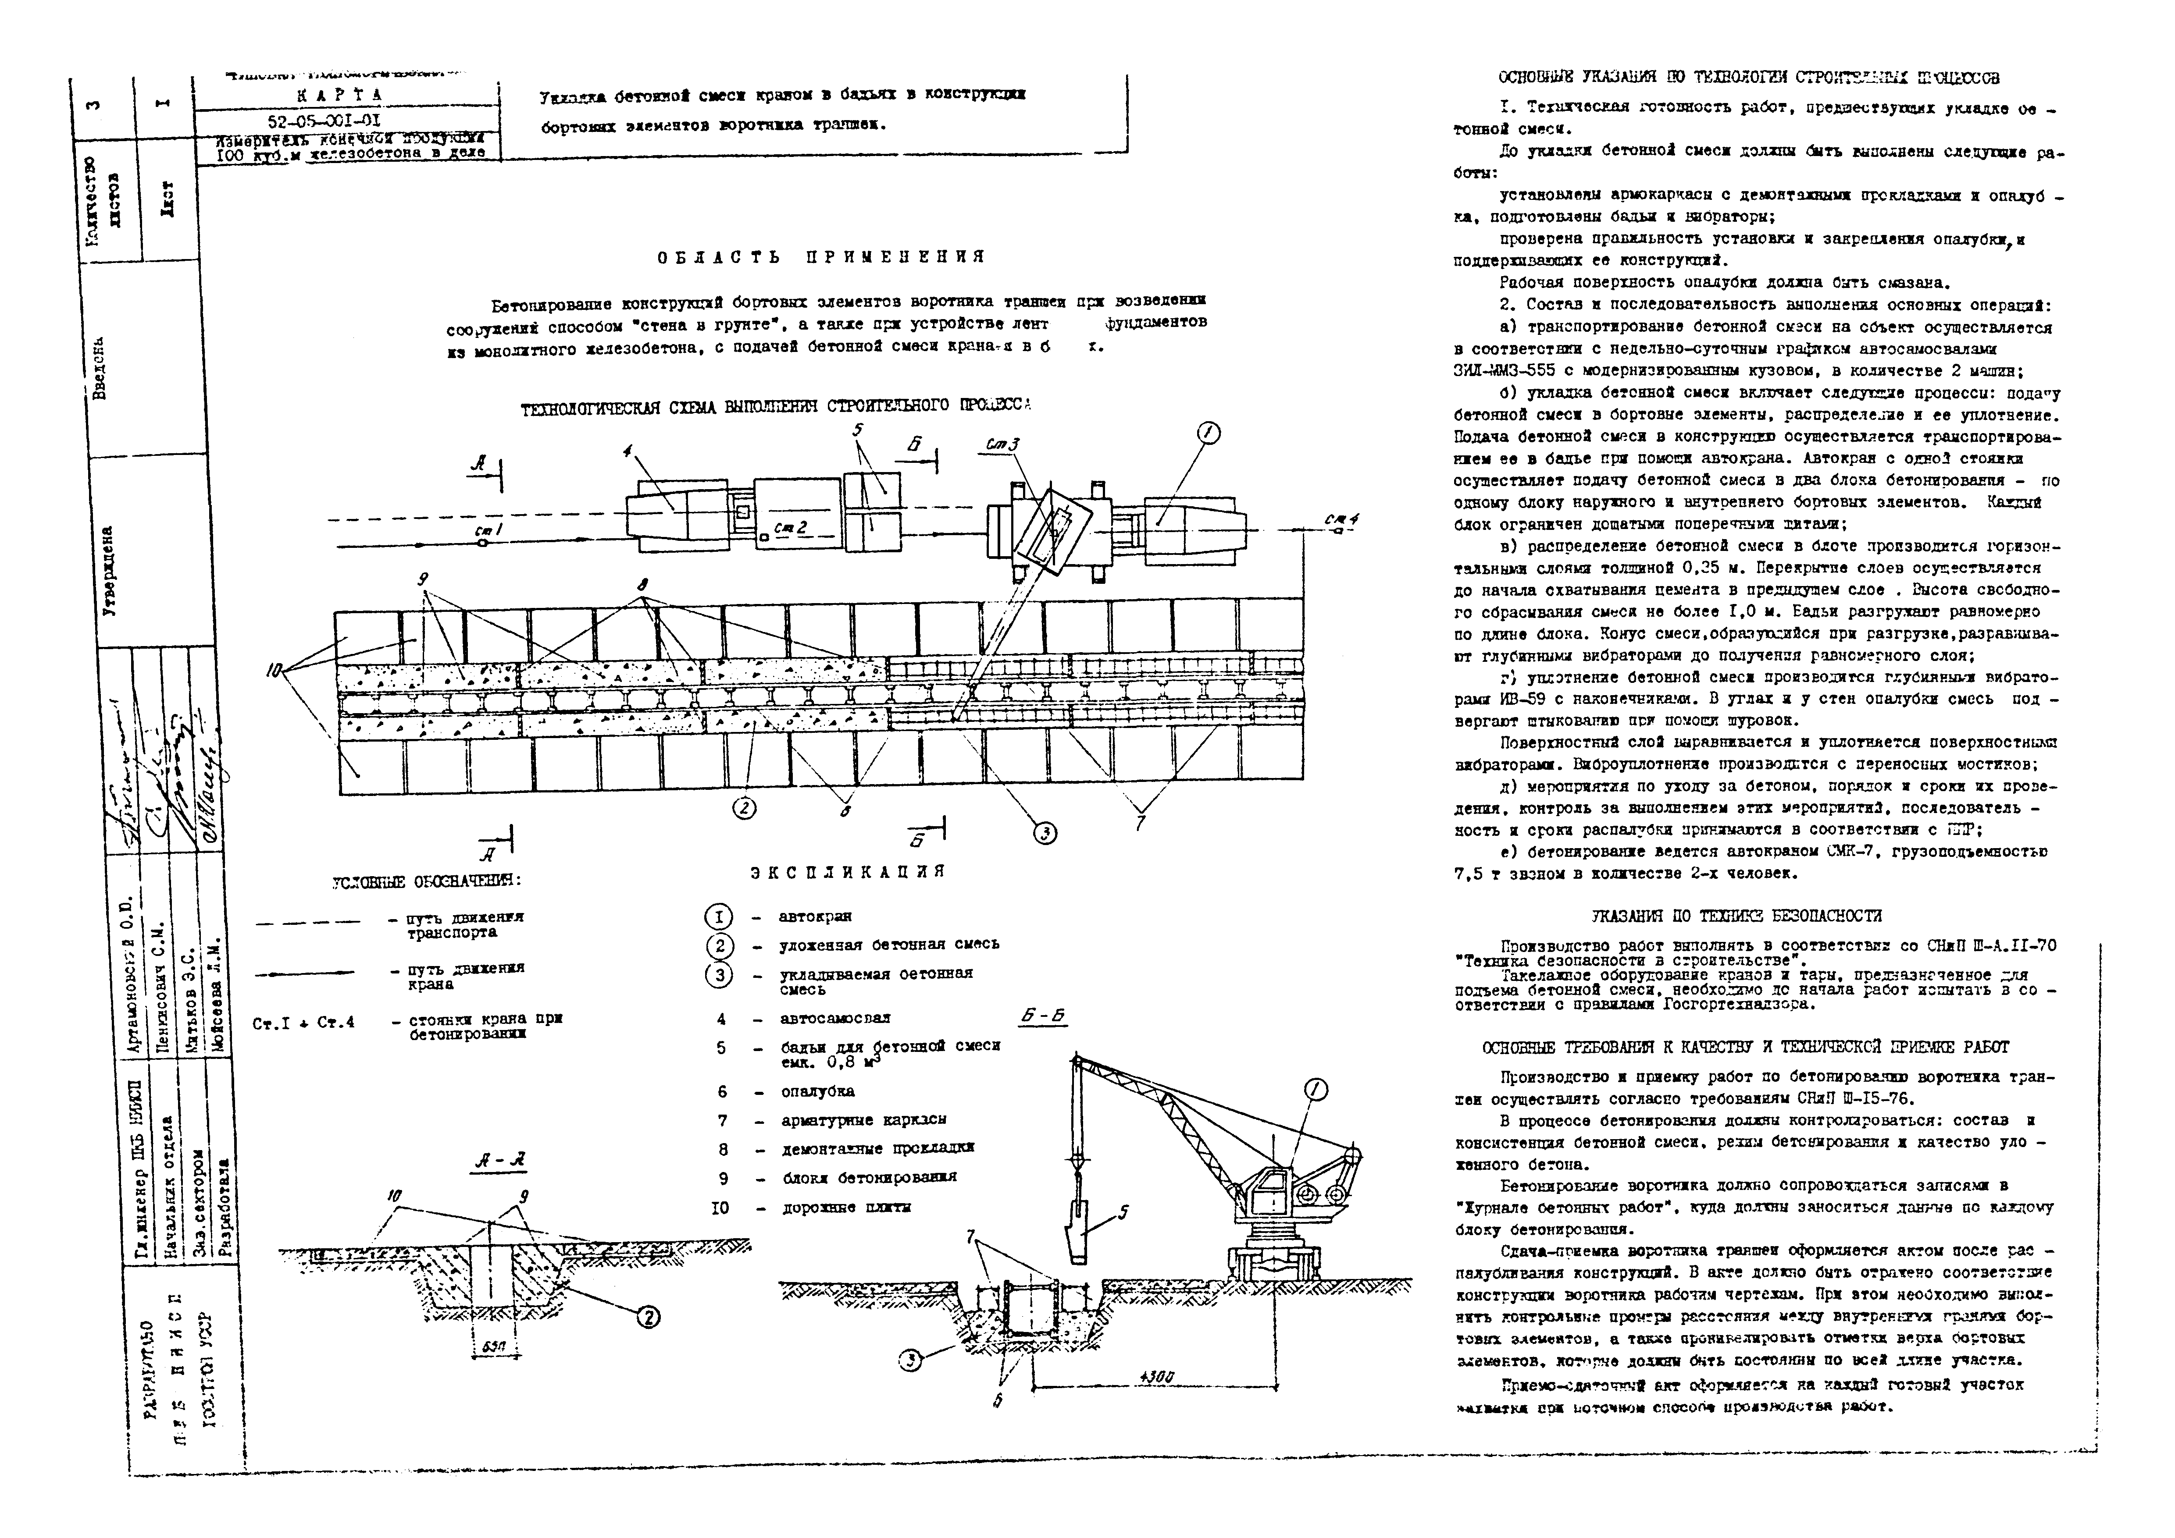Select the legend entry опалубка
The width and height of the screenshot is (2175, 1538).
[x=817, y=1091]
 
